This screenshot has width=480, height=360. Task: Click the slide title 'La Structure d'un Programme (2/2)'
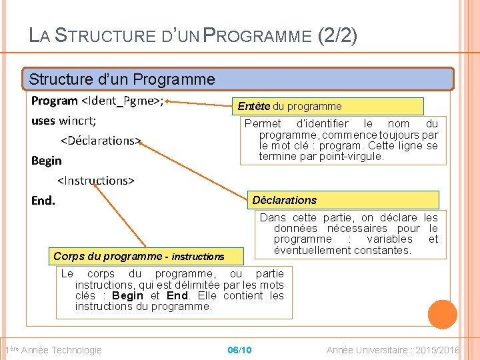(x=193, y=34)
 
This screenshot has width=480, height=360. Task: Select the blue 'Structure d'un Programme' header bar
(x=238, y=79)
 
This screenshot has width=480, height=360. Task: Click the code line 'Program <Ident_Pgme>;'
(x=98, y=101)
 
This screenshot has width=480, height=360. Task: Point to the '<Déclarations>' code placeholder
(x=101, y=141)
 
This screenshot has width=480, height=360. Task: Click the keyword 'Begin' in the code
(x=47, y=161)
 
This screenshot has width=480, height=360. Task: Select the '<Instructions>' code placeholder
(x=96, y=181)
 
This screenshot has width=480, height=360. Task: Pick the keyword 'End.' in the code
(x=44, y=200)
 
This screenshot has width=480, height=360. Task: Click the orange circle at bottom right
(x=442, y=315)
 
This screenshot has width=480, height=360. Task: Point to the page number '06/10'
(x=239, y=350)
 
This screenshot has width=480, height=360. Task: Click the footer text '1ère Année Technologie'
(x=53, y=350)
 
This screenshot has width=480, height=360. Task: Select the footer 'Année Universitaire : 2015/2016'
(x=393, y=350)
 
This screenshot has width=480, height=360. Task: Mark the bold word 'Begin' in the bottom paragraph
(x=128, y=296)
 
